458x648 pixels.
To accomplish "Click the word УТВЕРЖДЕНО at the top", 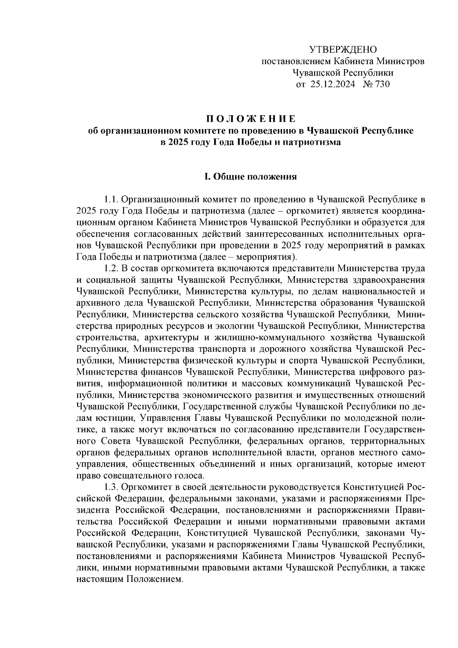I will click(342, 50).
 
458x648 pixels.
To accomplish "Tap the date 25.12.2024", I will click(332, 84).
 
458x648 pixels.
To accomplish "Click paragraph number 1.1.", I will click(111, 199).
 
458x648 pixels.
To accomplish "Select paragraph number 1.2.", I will click(111, 268).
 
